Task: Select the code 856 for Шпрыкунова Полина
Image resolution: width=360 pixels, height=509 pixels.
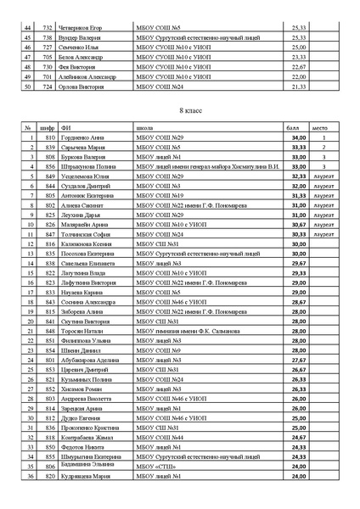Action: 50,167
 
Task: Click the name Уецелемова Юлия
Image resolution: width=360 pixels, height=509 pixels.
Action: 89,176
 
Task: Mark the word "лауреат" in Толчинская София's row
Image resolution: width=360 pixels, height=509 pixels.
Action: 323,233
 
